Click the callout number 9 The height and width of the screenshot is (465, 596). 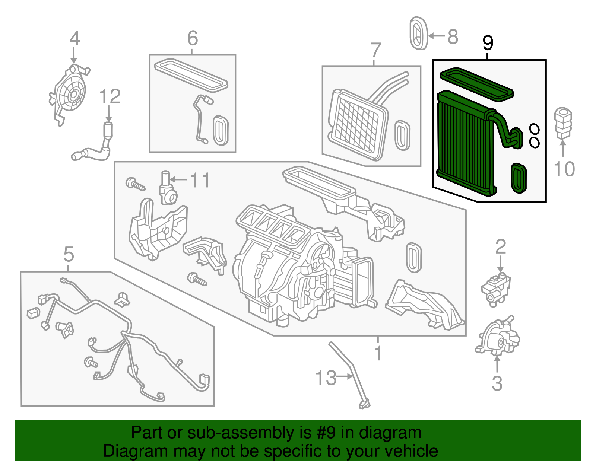click(488, 43)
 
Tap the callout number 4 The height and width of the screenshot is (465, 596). click(74, 38)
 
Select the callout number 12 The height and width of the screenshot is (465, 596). click(110, 97)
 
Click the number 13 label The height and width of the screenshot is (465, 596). click(326, 378)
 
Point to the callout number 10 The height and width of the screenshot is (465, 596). click(564, 169)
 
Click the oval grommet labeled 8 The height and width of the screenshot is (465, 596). click(418, 34)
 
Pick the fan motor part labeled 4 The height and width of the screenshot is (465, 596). click(70, 93)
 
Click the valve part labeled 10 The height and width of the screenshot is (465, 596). click(563, 122)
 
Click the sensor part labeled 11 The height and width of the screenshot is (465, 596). click(167, 189)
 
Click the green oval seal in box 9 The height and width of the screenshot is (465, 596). click(518, 178)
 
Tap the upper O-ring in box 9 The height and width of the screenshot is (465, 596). click(534, 129)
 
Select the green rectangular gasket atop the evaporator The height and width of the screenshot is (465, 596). click(477, 84)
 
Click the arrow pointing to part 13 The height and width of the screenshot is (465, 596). click(345, 376)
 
